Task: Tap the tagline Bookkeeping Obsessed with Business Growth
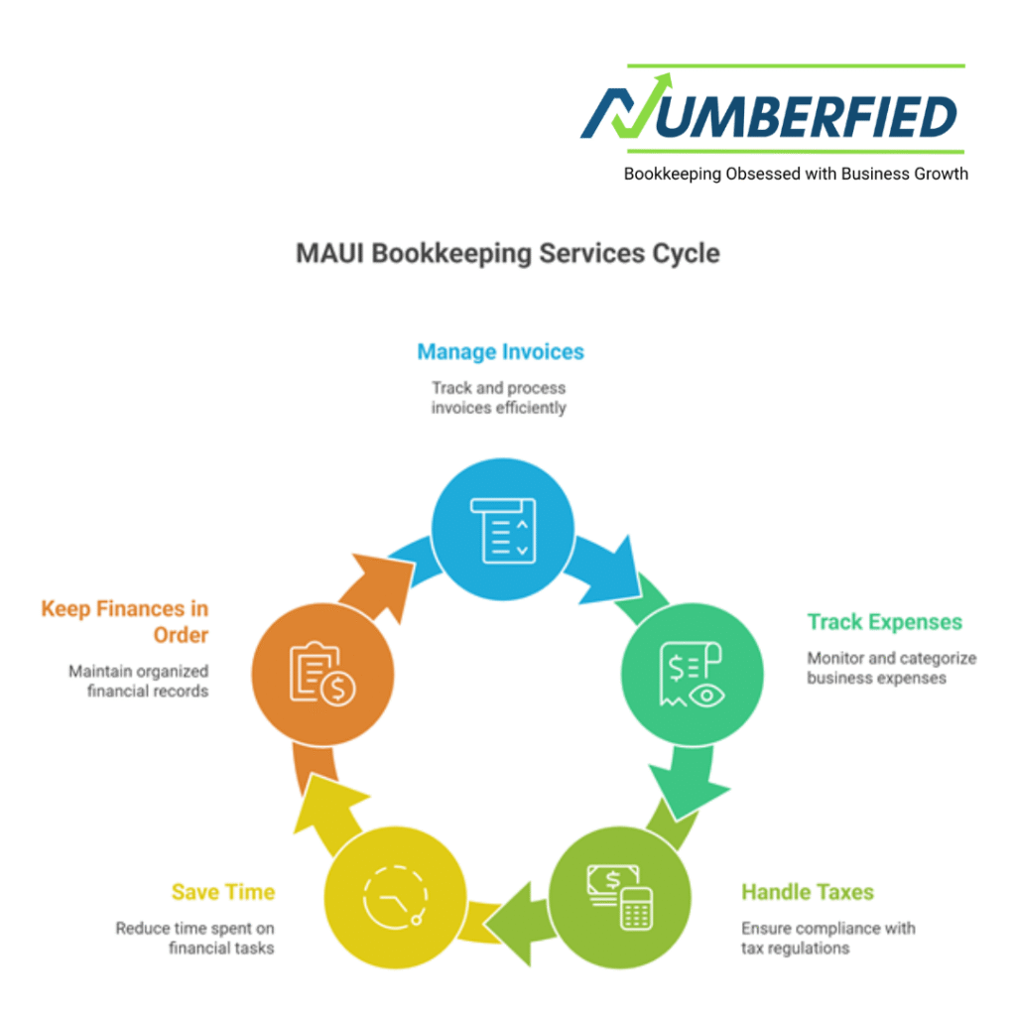[795, 174]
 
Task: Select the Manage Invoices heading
[500, 351]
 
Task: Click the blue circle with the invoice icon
[502, 529]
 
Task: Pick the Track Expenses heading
[884, 622]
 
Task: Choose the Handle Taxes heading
[807, 892]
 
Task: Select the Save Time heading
[223, 892]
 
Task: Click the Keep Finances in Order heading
[125, 620]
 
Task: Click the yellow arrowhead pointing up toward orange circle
[323, 794]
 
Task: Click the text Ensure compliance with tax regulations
[827, 938]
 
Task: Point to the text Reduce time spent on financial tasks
[194, 938]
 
